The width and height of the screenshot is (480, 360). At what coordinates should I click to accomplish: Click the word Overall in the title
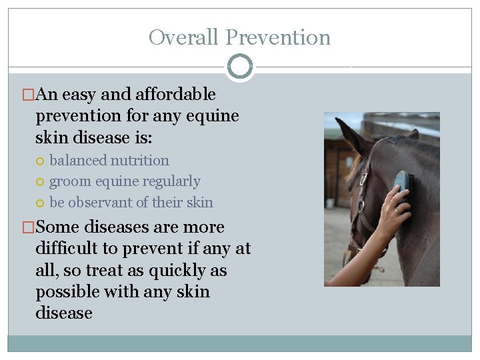(x=184, y=37)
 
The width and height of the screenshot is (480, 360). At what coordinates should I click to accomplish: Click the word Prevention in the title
(x=278, y=37)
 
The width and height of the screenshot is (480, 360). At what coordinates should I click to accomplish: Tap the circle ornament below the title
(x=240, y=67)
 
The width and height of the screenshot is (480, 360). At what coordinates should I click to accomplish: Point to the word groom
(x=68, y=181)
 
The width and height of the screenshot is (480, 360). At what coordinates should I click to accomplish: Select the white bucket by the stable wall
(x=330, y=203)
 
